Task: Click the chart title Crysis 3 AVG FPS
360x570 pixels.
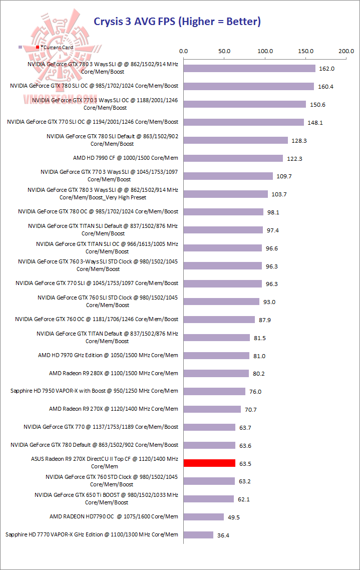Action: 178,21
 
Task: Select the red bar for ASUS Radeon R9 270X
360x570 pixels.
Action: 209,463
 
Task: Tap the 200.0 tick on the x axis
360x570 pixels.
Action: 346,51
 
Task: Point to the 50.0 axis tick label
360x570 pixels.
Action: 224,51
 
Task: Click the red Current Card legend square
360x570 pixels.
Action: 38,47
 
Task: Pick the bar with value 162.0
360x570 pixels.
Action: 249,69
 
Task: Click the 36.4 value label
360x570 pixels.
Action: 223,535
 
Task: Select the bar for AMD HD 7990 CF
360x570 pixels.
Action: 233,158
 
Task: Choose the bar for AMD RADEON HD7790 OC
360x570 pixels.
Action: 204,517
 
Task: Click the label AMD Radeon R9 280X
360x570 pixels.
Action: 114,373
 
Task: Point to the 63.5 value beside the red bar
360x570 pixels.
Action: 245,464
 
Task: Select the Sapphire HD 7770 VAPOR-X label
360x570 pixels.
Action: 92,534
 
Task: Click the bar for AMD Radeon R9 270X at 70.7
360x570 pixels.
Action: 212,409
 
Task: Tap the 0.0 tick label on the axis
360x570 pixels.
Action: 183,51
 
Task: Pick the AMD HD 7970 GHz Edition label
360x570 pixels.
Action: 108,355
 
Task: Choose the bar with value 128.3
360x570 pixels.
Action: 236,140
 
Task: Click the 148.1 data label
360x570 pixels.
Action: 313,123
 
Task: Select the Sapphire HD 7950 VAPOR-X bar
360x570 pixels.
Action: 214,391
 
